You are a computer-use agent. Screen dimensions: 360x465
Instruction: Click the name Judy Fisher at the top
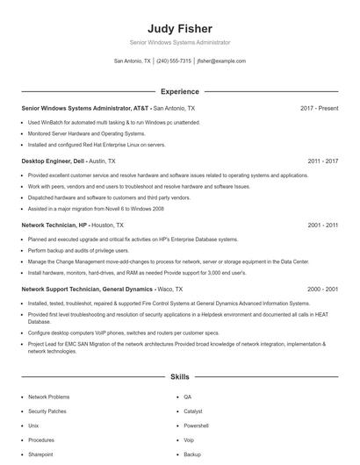pos(180,28)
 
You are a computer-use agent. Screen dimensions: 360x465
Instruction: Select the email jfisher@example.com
pos(221,61)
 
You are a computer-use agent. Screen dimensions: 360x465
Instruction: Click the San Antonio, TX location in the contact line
pos(133,61)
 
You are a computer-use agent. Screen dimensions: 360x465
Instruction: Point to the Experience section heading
pos(180,91)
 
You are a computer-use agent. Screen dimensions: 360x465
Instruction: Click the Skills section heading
pos(180,377)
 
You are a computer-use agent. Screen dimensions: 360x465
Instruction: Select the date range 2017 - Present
pos(319,108)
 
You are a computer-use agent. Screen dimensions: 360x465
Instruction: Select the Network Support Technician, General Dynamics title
pos(85,289)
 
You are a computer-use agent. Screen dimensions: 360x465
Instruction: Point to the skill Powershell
pos(197,426)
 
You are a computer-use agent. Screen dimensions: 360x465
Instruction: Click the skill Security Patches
pos(47,411)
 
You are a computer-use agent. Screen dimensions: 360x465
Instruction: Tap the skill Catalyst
pos(193,411)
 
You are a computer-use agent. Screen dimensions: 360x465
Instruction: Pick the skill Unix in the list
pos(34,426)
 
